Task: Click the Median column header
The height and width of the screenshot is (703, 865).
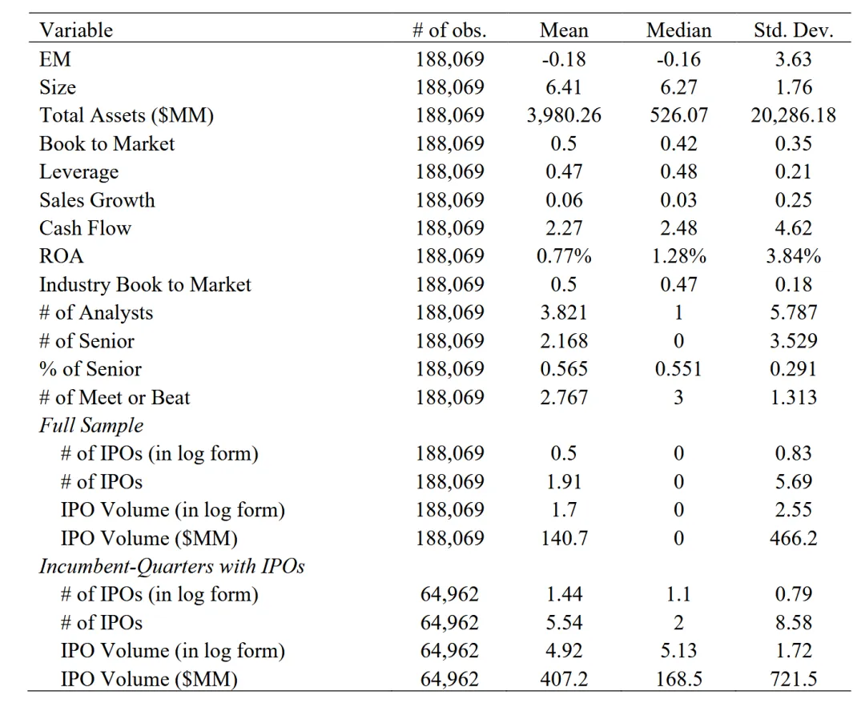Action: point(678,30)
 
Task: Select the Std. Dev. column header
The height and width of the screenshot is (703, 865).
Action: point(793,30)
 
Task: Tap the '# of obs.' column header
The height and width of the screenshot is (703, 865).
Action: point(449,30)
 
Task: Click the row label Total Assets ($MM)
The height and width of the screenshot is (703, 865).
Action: point(127,115)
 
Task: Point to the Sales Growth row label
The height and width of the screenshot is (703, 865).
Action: point(97,199)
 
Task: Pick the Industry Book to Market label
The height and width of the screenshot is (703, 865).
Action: point(145,284)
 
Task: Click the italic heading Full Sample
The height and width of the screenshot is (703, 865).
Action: point(91,425)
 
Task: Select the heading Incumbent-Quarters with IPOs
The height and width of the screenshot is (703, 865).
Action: point(171,566)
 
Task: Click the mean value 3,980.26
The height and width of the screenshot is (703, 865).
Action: point(564,115)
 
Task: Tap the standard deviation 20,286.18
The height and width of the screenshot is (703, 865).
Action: point(793,115)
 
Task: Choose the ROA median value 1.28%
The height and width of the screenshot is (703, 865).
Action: point(678,256)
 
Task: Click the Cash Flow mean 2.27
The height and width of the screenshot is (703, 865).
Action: point(564,227)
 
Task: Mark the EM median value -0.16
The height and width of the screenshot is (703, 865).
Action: point(678,59)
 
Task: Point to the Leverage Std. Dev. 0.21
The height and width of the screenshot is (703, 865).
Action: point(793,171)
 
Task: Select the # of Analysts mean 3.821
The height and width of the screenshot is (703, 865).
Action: point(564,312)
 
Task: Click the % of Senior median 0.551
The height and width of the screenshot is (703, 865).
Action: point(678,369)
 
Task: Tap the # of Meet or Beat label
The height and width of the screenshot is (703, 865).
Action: point(115,397)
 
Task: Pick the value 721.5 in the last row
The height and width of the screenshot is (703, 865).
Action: point(793,679)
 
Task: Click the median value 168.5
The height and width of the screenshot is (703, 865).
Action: point(678,679)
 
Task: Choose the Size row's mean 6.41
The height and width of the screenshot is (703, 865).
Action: point(564,87)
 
